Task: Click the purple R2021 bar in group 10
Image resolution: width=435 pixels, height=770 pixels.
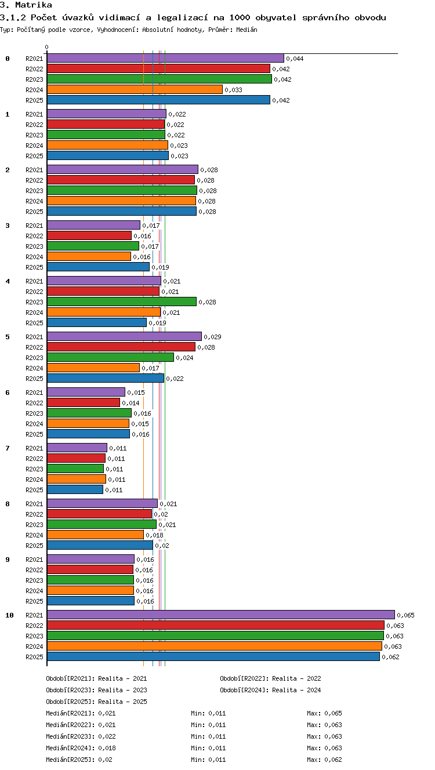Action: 221,615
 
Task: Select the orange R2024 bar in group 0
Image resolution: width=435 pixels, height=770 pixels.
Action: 135,89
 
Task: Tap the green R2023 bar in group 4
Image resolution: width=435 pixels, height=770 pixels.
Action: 122,302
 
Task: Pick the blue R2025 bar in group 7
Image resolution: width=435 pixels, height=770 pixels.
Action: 75,489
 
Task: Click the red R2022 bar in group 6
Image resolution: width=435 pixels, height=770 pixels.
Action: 84,402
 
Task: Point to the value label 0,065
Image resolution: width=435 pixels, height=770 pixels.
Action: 406,615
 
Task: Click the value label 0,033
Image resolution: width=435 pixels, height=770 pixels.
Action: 234,90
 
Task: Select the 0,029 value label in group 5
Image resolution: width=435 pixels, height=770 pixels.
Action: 212,337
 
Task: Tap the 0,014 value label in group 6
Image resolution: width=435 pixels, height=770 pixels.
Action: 130,403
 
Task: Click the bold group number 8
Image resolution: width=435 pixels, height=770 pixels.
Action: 8,504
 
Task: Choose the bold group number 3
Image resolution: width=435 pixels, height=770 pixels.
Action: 8,226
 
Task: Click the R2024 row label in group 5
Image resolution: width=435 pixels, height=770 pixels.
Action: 34,368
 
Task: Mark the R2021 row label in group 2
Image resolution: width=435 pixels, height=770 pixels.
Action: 34,170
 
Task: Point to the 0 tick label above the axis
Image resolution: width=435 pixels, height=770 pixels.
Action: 47,47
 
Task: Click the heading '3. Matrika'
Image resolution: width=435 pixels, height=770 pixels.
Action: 26,5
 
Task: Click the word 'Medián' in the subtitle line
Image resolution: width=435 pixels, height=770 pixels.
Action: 247,30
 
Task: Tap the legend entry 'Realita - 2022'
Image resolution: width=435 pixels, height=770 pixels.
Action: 296,678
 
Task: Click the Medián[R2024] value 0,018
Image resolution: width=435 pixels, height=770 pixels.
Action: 107,748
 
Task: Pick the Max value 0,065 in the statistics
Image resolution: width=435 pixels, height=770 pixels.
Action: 333,713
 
